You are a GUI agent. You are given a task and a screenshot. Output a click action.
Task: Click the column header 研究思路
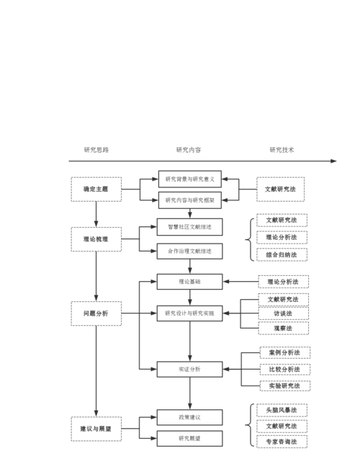[x=96, y=150]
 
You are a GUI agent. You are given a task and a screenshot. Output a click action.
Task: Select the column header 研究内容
[x=189, y=150]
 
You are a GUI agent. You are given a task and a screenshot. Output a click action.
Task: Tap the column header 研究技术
[x=282, y=150]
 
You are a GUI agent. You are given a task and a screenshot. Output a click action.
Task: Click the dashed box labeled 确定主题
[x=95, y=189]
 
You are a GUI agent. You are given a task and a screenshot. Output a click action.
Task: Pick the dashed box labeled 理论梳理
[x=95, y=238]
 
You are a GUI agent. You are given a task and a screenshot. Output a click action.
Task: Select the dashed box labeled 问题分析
[x=95, y=313]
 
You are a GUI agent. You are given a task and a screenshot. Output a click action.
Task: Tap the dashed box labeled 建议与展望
[x=95, y=429]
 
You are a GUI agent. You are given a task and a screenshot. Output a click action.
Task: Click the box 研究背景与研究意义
[x=190, y=179]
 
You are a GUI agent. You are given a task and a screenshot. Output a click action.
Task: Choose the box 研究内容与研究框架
[x=190, y=200]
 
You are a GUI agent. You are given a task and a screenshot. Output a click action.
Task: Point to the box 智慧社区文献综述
[x=190, y=227]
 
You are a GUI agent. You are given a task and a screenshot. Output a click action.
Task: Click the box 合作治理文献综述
[x=190, y=251]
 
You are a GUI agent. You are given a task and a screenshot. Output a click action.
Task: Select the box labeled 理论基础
[x=190, y=281]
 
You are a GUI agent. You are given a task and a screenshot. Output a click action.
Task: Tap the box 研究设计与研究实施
[x=190, y=313]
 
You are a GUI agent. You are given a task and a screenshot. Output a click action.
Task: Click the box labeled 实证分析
[x=190, y=369]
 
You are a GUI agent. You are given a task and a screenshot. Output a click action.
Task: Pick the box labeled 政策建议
[x=190, y=417]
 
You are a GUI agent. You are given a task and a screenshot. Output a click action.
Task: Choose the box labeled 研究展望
[x=190, y=438]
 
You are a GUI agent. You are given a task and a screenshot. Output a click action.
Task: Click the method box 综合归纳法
[x=282, y=254]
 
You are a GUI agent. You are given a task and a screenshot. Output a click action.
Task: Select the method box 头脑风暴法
[x=282, y=410]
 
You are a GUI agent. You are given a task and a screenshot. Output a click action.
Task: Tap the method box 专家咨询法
[x=282, y=442]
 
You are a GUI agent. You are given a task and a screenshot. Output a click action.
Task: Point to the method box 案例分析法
[x=284, y=353]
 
